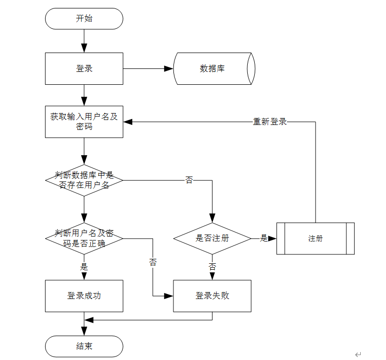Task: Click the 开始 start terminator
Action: click(84, 19)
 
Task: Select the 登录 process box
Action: click(84, 68)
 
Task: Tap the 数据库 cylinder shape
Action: click(214, 68)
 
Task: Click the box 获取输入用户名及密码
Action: click(84, 121)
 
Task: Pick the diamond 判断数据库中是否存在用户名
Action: click(84, 180)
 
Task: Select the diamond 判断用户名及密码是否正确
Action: click(84, 239)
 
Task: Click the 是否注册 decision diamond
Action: click(212, 239)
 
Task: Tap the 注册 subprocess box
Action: click(315, 239)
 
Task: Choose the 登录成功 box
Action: click(84, 296)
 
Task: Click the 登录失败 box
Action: click(212, 296)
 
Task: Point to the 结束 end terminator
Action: click(84, 346)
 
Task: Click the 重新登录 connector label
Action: click(270, 121)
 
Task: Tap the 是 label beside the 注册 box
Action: click(264, 238)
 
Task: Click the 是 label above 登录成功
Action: click(84, 267)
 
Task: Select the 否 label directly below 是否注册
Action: click(212, 267)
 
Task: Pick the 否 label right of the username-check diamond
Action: click(189, 180)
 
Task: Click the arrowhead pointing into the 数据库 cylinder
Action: click(169, 68)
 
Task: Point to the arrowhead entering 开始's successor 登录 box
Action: click(84, 48)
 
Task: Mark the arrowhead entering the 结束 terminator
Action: click(84, 331)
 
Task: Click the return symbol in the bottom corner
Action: click(358, 355)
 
